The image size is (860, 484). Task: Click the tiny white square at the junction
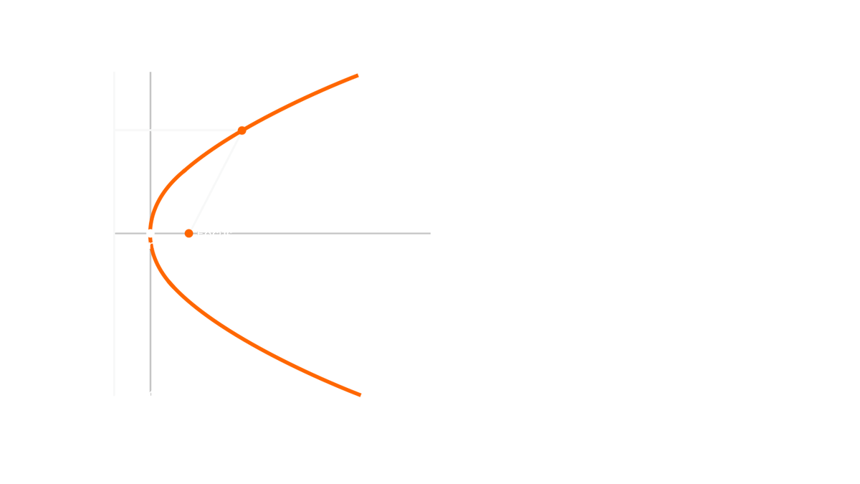[x=150, y=232]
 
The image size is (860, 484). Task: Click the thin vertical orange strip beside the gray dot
[x=188, y=233]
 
